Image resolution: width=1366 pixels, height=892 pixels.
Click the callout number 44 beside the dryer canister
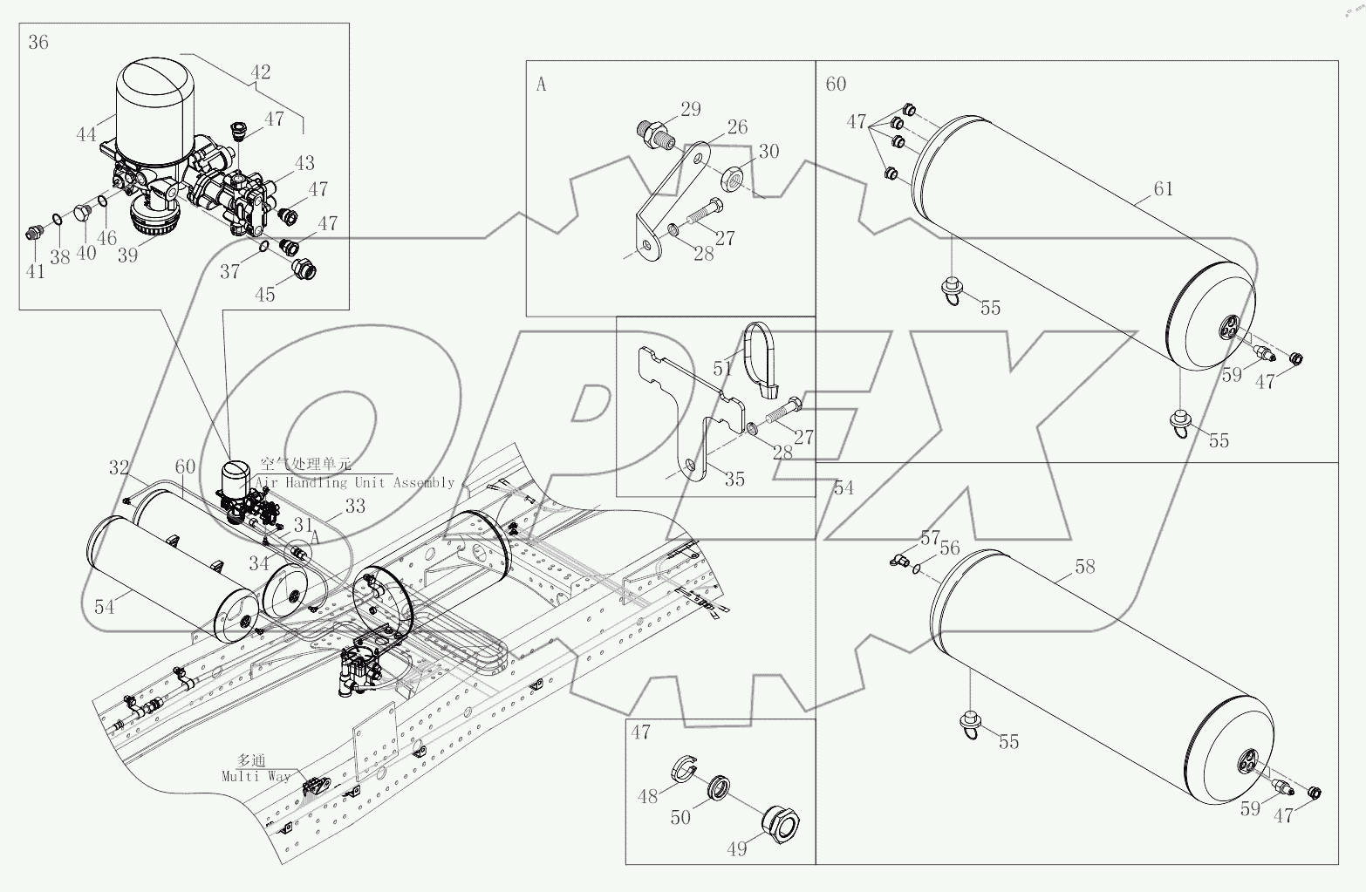click(85, 134)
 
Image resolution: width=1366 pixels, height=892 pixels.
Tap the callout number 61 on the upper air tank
click(1163, 189)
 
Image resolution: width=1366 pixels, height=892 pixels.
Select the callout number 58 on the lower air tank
click(1084, 567)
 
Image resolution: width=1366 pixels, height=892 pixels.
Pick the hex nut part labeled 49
click(780, 822)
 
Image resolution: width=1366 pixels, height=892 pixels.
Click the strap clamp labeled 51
click(761, 353)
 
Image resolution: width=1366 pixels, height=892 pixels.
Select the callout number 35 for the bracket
click(734, 479)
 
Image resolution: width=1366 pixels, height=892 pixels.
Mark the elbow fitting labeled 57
click(900, 557)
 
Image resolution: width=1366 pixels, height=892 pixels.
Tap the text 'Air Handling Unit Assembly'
click(356, 482)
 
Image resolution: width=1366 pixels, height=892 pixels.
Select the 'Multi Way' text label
click(256, 775)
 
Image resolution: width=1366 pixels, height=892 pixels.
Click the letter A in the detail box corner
click(541, 85)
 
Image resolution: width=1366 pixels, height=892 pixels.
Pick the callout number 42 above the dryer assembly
click(259, 73)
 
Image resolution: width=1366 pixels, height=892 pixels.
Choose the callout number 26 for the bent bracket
click(737, 127)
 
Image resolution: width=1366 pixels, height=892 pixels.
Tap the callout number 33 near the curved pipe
click(355, 507)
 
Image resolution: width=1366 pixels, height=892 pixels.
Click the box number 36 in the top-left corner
click(38, 42)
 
